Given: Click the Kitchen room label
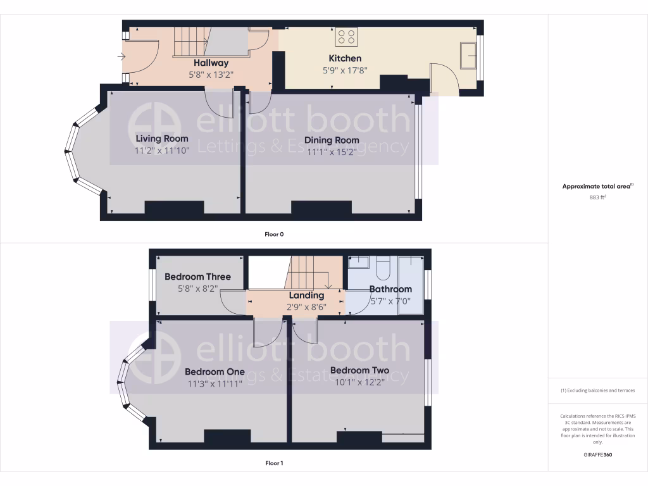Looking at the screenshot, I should point(345,58).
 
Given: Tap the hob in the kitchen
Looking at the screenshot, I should point(346,37).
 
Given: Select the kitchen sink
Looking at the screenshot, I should point(470,54).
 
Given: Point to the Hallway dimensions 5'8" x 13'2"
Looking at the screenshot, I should point(211,74).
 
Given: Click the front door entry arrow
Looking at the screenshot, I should point(121,56).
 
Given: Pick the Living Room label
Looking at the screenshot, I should point(162,139).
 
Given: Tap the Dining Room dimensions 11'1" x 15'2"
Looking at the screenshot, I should point(332,152).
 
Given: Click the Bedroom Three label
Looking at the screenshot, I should point(197,277).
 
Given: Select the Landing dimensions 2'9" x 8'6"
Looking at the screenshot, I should point(306,307).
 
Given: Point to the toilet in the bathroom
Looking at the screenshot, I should point(383,268).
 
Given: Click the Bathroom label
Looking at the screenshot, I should point(390,289).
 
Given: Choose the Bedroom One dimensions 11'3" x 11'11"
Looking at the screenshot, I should point(215,383).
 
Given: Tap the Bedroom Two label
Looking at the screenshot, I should point(359,370).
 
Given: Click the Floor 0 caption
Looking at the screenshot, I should point(274,234).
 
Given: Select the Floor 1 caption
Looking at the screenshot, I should point(274,463).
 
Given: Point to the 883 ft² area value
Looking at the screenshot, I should point(597,197).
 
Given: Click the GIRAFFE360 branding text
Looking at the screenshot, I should point(597,454).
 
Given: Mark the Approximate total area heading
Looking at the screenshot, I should point(597,187).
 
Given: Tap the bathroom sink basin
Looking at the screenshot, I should point(359,261).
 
